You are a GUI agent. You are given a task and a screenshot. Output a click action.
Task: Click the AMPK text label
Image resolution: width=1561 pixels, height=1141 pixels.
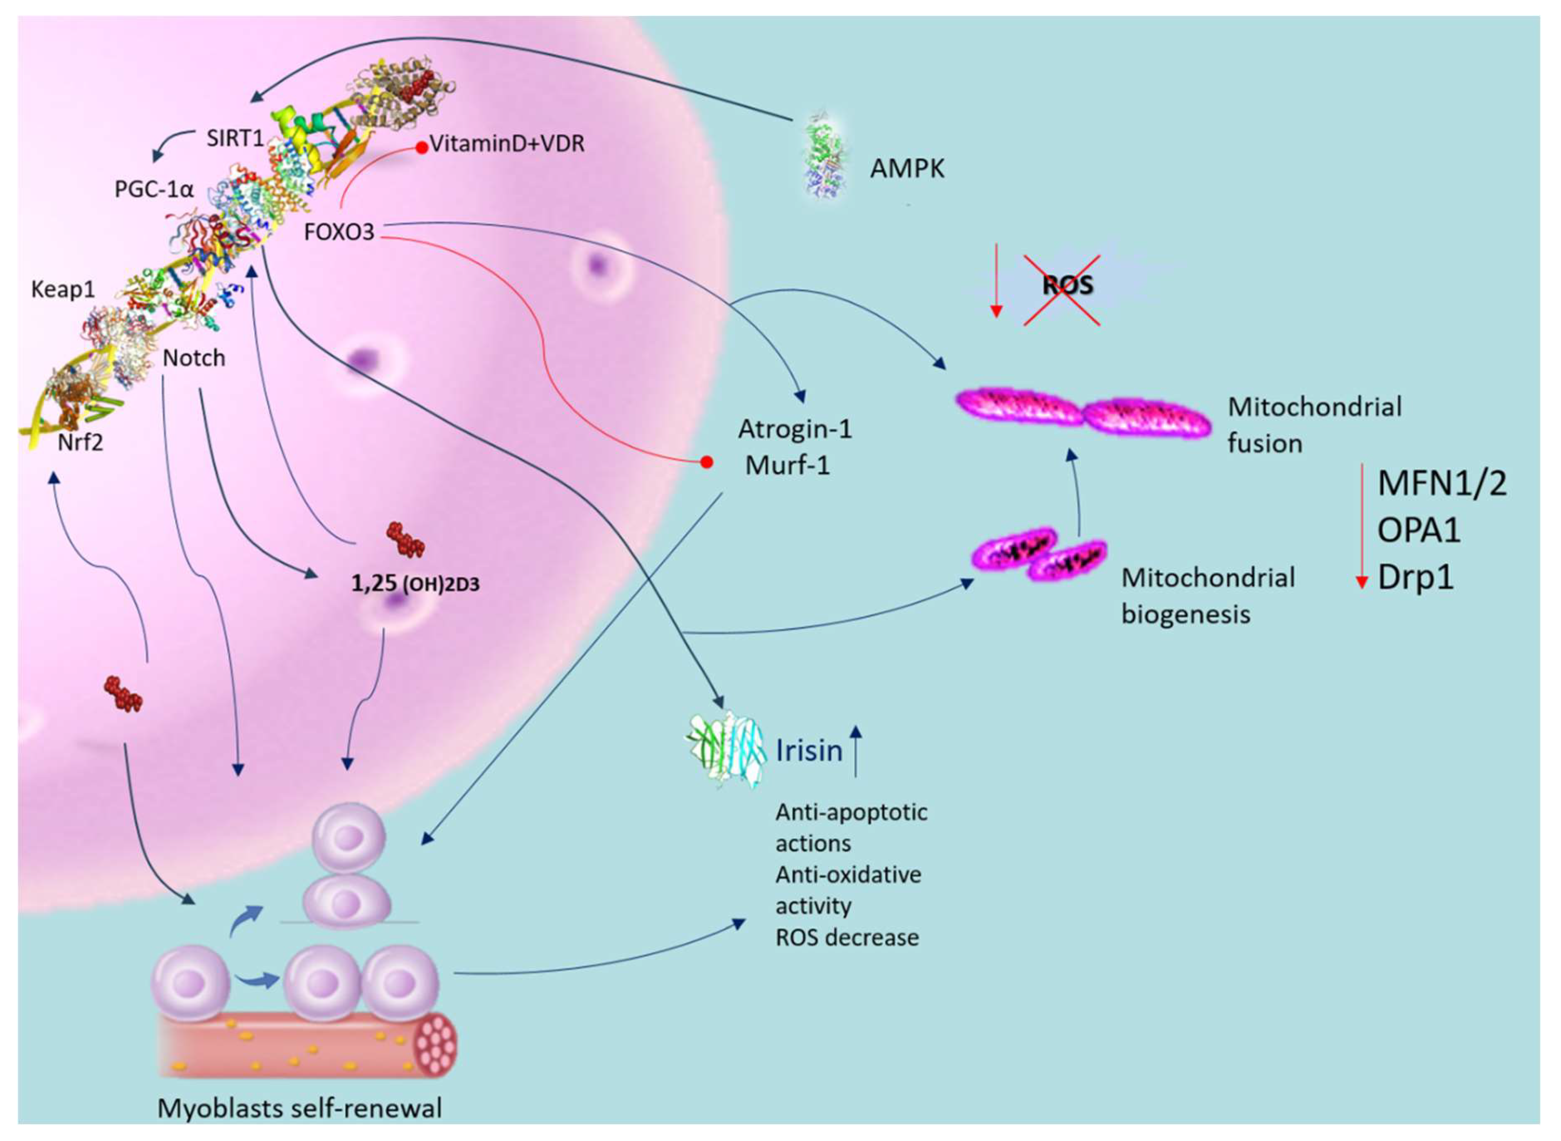point(906,169)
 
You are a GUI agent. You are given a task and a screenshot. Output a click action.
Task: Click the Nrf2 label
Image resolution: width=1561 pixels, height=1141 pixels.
point(80,441)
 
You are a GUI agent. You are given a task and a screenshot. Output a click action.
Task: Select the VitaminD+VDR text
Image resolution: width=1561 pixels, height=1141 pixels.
point(507,144)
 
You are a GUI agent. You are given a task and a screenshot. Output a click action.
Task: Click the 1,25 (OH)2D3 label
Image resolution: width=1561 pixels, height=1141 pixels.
point(415,584)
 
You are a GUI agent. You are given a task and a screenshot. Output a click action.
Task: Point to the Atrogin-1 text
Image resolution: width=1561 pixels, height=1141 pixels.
point(795,430)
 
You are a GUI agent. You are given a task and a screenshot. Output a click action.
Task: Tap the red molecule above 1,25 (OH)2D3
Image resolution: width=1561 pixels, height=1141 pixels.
point(405,539)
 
